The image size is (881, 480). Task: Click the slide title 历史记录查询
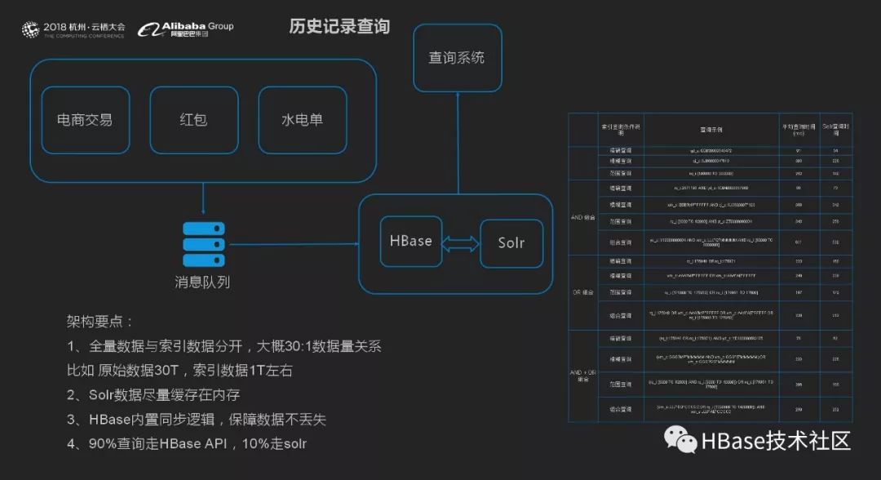pos(339,27)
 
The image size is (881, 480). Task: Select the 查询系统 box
pos(457,58)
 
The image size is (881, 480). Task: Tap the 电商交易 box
pos(86,120)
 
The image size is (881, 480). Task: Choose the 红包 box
pos(193,120)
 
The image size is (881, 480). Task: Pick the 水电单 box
pos(303,120)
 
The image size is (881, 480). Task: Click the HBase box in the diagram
pos(411,242)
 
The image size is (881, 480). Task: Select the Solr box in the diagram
pos(511,243)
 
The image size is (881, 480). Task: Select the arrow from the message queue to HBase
pos(294,243)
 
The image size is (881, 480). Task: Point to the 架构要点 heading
pos(100,322)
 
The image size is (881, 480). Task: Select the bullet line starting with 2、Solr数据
pos(153,395)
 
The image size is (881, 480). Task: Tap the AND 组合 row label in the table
pos(584,218)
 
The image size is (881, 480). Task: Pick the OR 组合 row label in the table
pos(584,291)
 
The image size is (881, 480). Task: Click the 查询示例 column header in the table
pos(711,128)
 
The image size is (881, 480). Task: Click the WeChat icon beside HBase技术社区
pos(680,442)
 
